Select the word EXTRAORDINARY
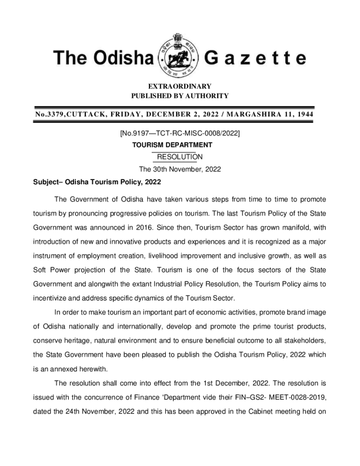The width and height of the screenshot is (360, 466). coord(179,86)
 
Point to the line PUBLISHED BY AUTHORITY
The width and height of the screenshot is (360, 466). coord(179,96)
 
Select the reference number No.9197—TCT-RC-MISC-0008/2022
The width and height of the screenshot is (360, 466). coord(179,134)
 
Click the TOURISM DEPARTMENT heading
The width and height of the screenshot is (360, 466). coord(179,145)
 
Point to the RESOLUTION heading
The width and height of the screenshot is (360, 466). coord(179,157)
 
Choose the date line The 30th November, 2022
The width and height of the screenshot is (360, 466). coord(179,169)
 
